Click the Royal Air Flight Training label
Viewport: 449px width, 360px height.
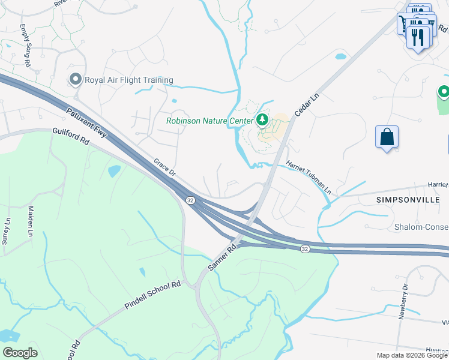tap(129, 80)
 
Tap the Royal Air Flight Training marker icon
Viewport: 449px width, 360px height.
tap(76, 79)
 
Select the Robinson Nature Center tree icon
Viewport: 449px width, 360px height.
tap(262, 120)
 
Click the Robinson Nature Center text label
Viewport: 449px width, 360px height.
tap(209, 121)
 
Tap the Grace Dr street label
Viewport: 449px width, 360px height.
tap(164, 167)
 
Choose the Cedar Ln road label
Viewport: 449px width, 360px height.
tap(306, 105)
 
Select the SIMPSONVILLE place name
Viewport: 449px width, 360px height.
tap(409, 199)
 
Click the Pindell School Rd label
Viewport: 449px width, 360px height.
tap(152, 295)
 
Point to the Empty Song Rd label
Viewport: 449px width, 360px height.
tap(25, 45)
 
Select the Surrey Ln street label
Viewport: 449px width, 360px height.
tap(8, 221)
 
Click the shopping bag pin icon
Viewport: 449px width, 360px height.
tap(387, 137)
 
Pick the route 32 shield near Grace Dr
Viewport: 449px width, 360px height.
tap(190, 199)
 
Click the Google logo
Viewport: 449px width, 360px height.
tap(20, 353)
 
